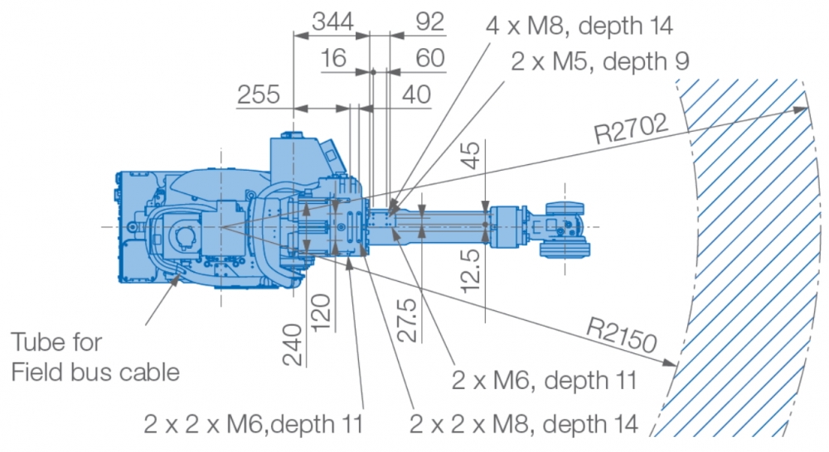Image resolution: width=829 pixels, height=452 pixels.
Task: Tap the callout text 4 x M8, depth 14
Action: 579,26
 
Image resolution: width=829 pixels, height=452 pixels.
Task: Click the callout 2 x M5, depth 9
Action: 600,61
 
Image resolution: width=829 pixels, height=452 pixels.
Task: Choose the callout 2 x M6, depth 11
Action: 544,381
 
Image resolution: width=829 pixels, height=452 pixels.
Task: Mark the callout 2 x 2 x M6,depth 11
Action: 254,424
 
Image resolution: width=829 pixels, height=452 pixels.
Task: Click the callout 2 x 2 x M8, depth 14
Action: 524,424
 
